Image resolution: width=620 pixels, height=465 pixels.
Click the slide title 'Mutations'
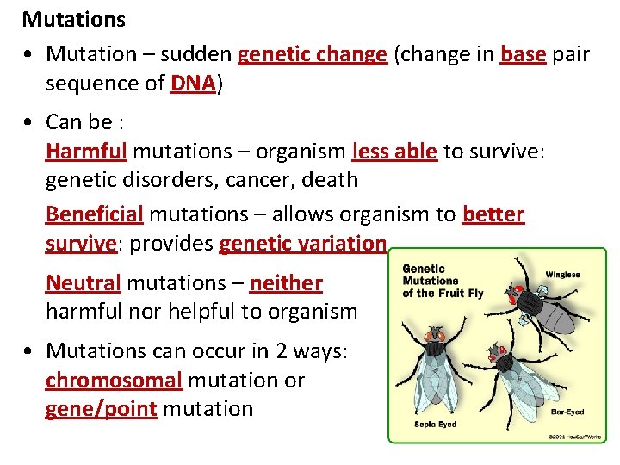74,19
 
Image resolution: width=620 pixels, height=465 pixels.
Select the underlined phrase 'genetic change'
312,54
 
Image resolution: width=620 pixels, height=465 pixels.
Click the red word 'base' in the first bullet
523,54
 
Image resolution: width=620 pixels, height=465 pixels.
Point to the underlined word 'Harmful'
86,152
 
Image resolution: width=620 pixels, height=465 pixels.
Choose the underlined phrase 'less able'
395,152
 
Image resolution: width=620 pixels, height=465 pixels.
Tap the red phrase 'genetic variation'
302,244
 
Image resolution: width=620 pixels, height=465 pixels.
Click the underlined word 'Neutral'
82,282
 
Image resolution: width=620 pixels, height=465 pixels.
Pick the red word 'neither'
286,282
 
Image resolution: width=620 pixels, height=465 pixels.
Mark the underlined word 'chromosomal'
114,380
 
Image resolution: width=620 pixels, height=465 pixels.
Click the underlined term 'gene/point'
101,408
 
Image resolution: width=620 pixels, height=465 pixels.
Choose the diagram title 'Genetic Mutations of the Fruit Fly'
443,281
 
